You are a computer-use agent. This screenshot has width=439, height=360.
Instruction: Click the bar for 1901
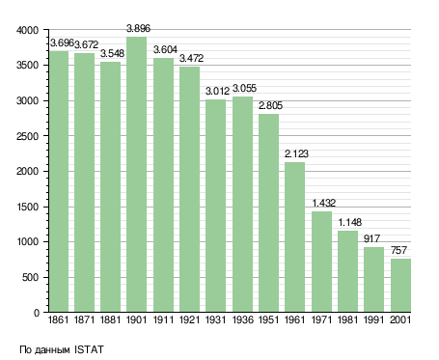[136, 174]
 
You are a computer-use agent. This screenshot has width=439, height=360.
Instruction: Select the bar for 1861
[59, 181]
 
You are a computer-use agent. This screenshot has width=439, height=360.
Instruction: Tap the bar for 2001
[400, 285]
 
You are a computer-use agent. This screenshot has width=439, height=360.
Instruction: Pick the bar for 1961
[294, 236]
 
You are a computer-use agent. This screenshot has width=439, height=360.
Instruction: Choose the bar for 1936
[242, 204]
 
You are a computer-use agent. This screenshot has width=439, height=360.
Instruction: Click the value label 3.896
[138, 28]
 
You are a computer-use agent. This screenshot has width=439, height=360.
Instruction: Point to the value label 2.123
[296, 153]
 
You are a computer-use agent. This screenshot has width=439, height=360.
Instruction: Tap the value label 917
[371, 238]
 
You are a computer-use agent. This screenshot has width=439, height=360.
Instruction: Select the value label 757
[398, 250]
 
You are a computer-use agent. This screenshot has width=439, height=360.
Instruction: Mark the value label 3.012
[217, 92]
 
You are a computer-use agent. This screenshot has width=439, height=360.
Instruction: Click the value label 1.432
[324, 203]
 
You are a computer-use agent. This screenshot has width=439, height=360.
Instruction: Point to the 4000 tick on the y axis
[27, 30]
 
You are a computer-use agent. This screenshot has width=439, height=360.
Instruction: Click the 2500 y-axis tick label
[27, 136]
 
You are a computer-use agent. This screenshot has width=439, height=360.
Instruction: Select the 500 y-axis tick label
[30, 277]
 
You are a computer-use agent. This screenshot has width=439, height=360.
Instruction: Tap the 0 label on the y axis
[37, 313]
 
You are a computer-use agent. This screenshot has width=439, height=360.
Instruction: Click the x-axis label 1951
[268, 320]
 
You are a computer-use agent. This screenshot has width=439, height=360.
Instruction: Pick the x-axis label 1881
[110, 320]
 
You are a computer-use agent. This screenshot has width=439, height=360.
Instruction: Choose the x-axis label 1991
[373, 320]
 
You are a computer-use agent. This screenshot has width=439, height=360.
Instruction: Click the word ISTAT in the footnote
[89, 349]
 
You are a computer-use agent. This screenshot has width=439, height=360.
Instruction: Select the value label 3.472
[191, 58]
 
